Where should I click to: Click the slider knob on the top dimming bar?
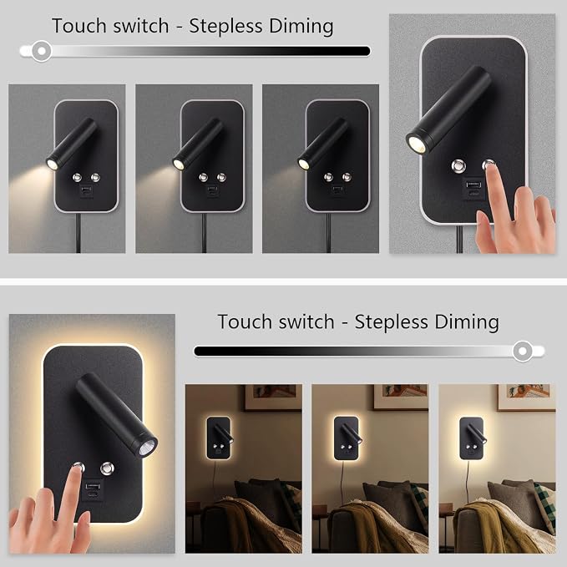42,51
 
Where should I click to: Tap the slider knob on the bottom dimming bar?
523,351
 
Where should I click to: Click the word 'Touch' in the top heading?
79,26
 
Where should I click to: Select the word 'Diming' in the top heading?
301,27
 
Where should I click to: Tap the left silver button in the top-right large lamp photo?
458,165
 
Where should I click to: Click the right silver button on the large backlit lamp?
107,468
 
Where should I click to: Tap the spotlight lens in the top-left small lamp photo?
53,164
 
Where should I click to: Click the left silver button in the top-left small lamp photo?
77,178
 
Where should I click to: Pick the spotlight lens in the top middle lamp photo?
178,164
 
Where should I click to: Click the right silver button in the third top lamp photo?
347,177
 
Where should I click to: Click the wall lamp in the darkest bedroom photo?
219,438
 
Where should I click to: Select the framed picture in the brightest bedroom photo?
526,397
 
